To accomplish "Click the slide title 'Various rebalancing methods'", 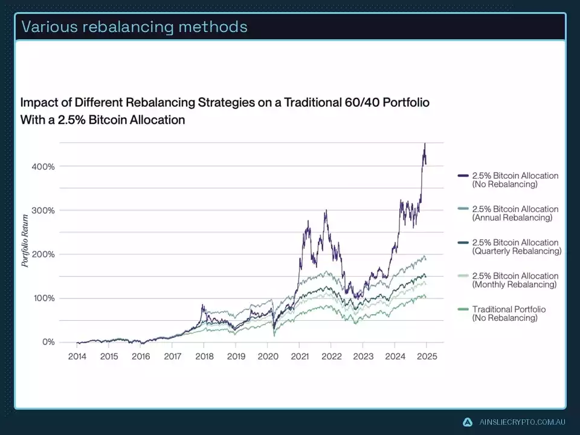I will click(134, 27).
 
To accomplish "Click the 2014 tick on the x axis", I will click(77, 356).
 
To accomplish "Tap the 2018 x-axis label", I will click(204, 356).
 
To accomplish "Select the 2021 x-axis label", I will click(300, 356).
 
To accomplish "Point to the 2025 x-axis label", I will click(427, 356).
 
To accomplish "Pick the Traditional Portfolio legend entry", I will click(509, 313).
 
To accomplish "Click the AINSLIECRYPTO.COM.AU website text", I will click(521, 422).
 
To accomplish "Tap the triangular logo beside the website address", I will click(468, 422).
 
